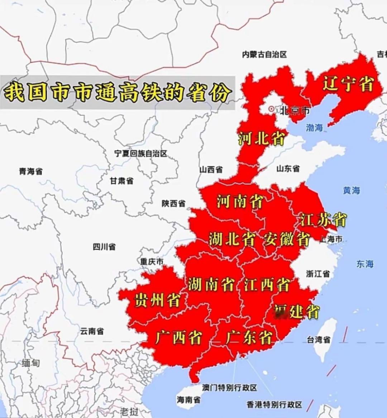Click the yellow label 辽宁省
[348, 84]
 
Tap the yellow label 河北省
[261, 138]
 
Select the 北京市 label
[295, 110]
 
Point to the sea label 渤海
[314, 127]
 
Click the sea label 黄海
[351, 190]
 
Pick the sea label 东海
[365, 264]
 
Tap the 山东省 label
[288, 168]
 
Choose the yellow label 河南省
[240, 201]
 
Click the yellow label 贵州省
[157, 300]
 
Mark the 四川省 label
[104, 247]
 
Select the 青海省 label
[30, 171]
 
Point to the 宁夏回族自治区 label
[141, 153]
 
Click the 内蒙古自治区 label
[264, 54]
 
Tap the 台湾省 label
[318, 339]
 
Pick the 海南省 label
[188, 399]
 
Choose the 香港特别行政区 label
[274, 405]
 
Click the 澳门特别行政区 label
[229, 388]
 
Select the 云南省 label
[92, 331]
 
